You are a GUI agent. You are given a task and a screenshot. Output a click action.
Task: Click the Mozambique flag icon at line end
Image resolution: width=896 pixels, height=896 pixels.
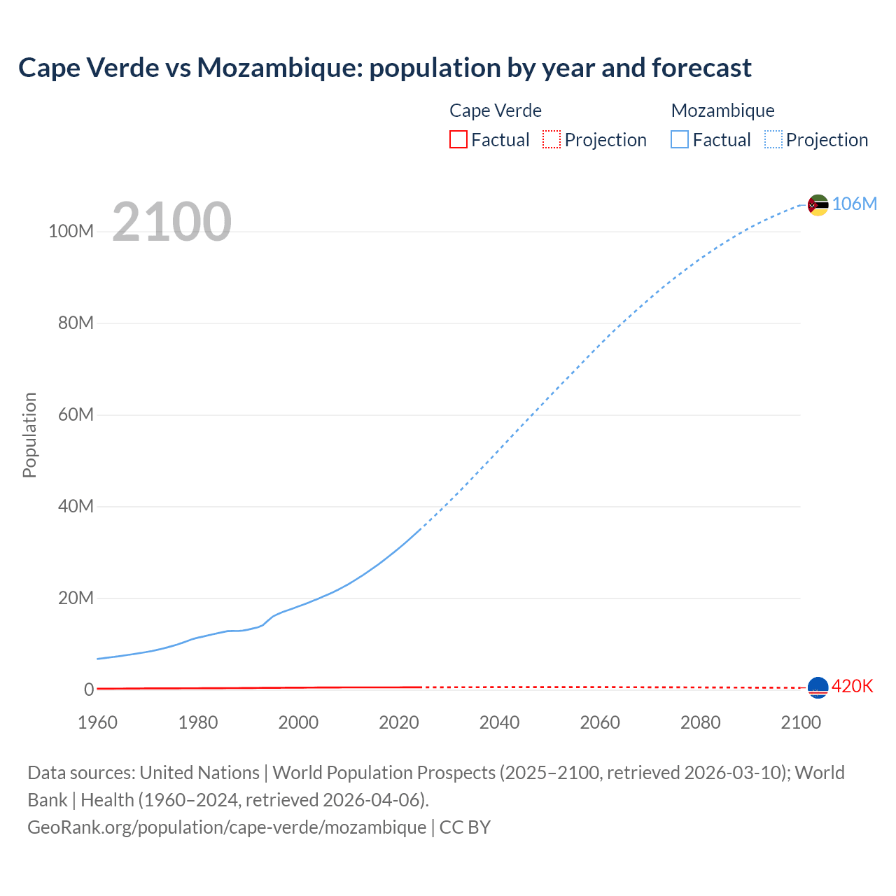point(818,205)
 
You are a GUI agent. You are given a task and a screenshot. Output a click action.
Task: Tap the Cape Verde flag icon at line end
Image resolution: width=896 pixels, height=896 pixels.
point(818,687)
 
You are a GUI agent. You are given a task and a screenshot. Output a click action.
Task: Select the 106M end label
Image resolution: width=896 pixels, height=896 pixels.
point(854,204)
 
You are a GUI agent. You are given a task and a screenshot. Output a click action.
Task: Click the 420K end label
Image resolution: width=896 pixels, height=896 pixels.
point(852,686)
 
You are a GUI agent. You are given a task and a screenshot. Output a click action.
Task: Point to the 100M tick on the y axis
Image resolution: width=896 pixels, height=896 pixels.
point(71,232)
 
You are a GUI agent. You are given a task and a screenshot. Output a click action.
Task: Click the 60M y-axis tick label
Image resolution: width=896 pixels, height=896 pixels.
point(76,414)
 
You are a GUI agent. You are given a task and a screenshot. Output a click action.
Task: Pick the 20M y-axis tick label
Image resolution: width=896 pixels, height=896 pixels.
point(76,598)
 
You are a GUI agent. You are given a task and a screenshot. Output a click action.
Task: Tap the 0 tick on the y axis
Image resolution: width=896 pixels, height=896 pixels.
point(89,689)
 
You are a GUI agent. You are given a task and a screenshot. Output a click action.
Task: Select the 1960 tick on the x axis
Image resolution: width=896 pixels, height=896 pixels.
point(98,722)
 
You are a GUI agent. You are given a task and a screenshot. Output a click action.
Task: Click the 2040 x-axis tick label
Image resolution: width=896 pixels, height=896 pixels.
point(499,722)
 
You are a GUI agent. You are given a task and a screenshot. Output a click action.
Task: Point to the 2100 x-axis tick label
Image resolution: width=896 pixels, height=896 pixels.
point(801,722)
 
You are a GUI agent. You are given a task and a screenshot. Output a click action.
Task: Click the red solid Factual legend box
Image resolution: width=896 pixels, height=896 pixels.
point(458,140)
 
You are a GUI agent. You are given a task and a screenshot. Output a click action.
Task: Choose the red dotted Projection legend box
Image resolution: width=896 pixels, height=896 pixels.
point(552,140)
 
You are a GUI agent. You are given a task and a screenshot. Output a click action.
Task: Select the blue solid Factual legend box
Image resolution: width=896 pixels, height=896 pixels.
point(680,140)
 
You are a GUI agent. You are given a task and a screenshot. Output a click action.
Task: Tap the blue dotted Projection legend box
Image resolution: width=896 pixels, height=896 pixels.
point(773,140)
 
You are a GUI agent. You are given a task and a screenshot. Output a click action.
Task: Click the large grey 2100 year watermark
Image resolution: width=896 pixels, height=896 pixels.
point(171,222)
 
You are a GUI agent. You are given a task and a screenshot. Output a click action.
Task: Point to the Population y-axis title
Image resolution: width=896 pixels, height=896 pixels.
point(29,435)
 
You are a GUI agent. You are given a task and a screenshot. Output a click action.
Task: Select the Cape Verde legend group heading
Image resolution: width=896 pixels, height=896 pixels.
point(496,111)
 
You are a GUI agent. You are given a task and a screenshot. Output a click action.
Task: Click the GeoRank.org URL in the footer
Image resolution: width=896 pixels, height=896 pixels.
point(227,827)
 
